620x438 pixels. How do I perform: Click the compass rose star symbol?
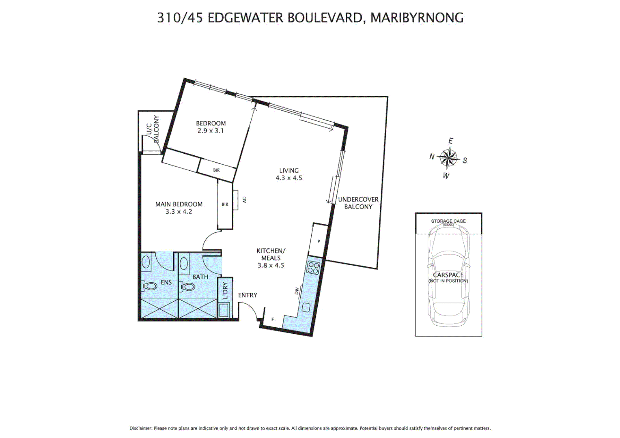click(448, 158)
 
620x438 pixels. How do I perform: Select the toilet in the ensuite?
click(150, 286)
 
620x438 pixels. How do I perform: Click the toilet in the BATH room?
click(187, 287)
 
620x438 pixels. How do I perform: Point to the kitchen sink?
click(306, 307)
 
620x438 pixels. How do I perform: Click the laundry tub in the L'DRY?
click(224, 311)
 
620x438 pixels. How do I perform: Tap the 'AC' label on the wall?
click(244, 200)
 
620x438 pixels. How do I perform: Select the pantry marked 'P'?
click(319, 241)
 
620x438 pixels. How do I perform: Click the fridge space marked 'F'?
click(272, 320)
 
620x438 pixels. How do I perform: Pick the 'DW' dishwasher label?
click(297, 291)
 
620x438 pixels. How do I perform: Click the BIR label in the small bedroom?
click(216, 170)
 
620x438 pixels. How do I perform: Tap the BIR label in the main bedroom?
click(225, 205)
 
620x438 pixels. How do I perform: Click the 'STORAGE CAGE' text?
click(448, 221)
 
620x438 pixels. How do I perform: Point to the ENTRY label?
click(248, 295)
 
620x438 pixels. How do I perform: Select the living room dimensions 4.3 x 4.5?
click(288, 178)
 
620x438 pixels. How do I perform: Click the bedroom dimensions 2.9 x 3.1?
click(210, 131)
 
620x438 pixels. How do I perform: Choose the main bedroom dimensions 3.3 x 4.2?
click(179, 212)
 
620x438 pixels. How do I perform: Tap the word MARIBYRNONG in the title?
click(417, 18)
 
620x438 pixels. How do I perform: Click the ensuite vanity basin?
click(146, 263)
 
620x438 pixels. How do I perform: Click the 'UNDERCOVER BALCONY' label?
click(358, 203)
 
